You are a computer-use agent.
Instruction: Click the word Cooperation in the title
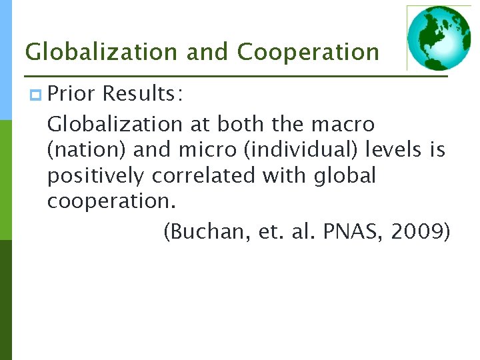click(x=308, y=51)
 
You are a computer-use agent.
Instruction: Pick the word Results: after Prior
click(x=141, y=95)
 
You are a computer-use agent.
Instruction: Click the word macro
click(x=344, y=124)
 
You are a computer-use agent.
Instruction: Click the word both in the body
click(x=241, y=124)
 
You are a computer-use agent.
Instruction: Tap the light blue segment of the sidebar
click(x=5, y=60)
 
